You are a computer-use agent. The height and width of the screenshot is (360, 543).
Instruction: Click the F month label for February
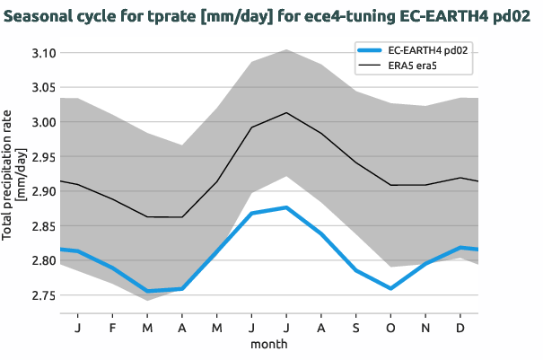(112, 327)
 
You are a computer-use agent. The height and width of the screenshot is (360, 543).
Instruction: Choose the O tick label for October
(390, 327)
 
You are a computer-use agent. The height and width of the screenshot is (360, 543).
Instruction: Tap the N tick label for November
(425, 327)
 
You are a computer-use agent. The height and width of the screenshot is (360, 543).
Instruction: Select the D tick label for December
(460, 327)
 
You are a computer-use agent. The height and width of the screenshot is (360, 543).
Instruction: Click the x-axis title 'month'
(268, 344)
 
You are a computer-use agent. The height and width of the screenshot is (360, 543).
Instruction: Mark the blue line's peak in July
(285, 207)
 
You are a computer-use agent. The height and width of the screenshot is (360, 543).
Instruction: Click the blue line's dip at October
(390, 288)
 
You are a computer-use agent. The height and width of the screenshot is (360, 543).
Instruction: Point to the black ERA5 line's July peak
(285, 112)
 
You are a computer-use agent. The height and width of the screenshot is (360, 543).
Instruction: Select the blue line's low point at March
(146, 291)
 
